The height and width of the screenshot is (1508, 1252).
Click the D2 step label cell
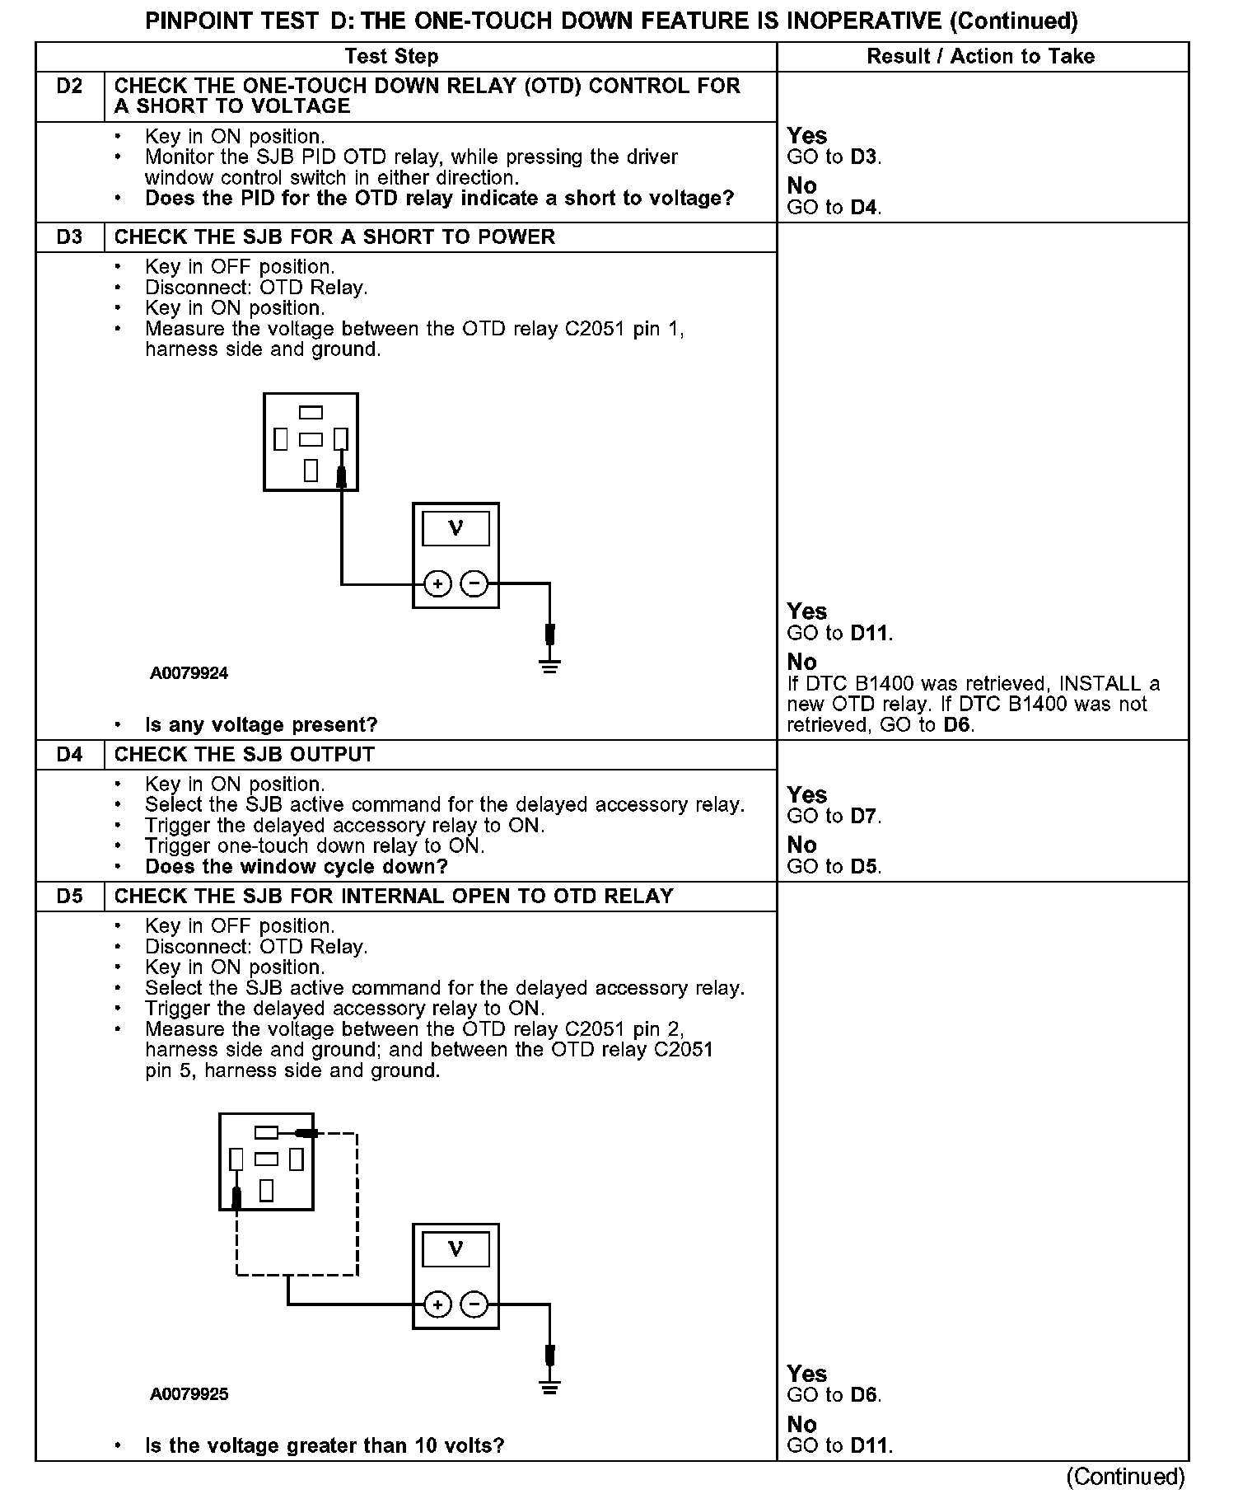tap(70, 87)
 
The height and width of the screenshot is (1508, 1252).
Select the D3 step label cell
tap(70, 237)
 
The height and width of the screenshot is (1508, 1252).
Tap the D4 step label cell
tap(70, 755)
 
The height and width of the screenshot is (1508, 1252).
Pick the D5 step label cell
tap(70, 896)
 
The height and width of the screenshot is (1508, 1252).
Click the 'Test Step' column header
tap(391, 56)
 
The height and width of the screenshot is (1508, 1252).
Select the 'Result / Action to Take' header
tap(980, 56)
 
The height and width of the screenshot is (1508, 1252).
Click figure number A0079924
tap(189, 673)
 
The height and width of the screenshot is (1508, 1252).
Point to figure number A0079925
tap(189, 1394)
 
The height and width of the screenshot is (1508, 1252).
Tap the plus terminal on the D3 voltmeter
tap(437, 584)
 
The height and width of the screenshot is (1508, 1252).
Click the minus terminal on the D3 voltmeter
tap(474, 584)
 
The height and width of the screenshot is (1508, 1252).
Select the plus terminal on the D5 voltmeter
tap(437, 1305)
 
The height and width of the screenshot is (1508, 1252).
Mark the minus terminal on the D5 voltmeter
tap(474, 1305)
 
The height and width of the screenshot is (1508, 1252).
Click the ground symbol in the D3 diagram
tap(550, 665)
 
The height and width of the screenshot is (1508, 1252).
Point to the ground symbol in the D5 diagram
tap(550, 1387)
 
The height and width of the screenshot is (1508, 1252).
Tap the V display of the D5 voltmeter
tap(455, 1249)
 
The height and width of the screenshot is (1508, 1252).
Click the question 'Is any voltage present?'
tap(261, 725)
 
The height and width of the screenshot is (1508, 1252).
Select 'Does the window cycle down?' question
tap(297, 867)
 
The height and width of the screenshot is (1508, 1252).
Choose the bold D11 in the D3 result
tap(870, 634)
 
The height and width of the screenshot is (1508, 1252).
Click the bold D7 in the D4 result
tap(864, 817)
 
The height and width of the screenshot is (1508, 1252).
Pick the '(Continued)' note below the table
tap(1125, 1476)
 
